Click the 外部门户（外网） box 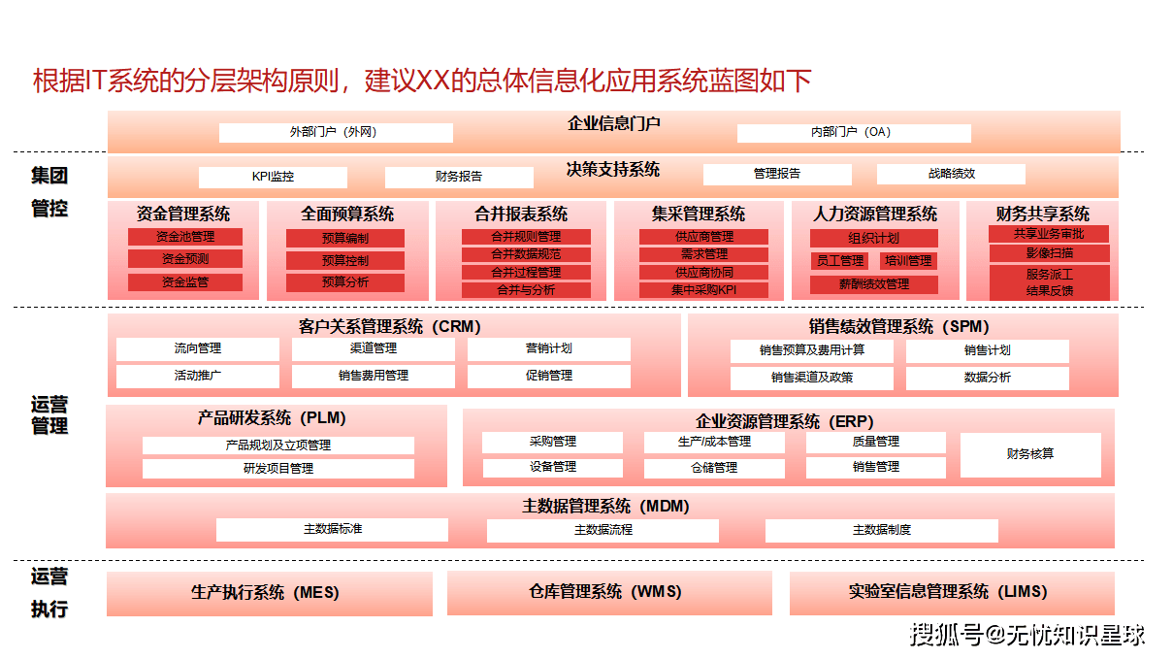tap(336, 133)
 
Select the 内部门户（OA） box tap(854, 133)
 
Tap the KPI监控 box tap(273, 178)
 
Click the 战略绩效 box tap(951, 175)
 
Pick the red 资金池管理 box tap(185, 237)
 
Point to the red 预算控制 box tap(344, 260)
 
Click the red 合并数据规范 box tap(525, 254)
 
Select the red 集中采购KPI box tap(703, 290)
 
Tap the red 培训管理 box tap(908, 261)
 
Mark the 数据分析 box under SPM tap(987, 378)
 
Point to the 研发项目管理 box tap(278, 469)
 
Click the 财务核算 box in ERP tap(1030, 454)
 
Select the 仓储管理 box tap(714, 468)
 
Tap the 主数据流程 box tap(603, 531)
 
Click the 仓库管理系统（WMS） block tap(609, 592)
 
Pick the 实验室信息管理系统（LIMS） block tap(952, 592)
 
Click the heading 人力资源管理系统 tap(875, 214)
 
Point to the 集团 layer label tap(49, 177)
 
